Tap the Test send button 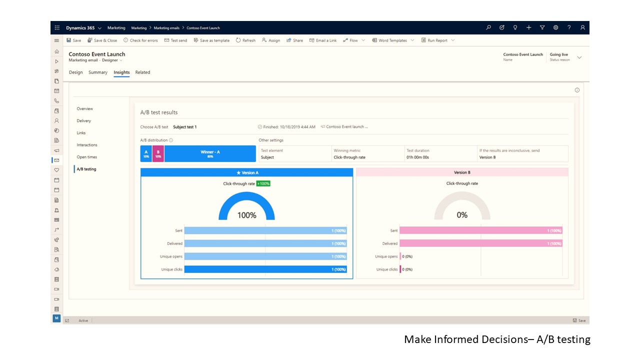176,40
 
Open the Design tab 76,72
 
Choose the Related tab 142,72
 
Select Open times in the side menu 87,157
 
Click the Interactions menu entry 87,145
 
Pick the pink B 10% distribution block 158,154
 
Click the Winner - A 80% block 210,154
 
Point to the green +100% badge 263,183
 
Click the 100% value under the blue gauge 246,215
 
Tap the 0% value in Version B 462,215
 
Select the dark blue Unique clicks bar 265,269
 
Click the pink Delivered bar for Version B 480,243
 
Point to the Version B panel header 462,172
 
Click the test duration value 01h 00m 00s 417,157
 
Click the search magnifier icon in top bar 488,27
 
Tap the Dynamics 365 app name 80,28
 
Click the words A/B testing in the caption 563,339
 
